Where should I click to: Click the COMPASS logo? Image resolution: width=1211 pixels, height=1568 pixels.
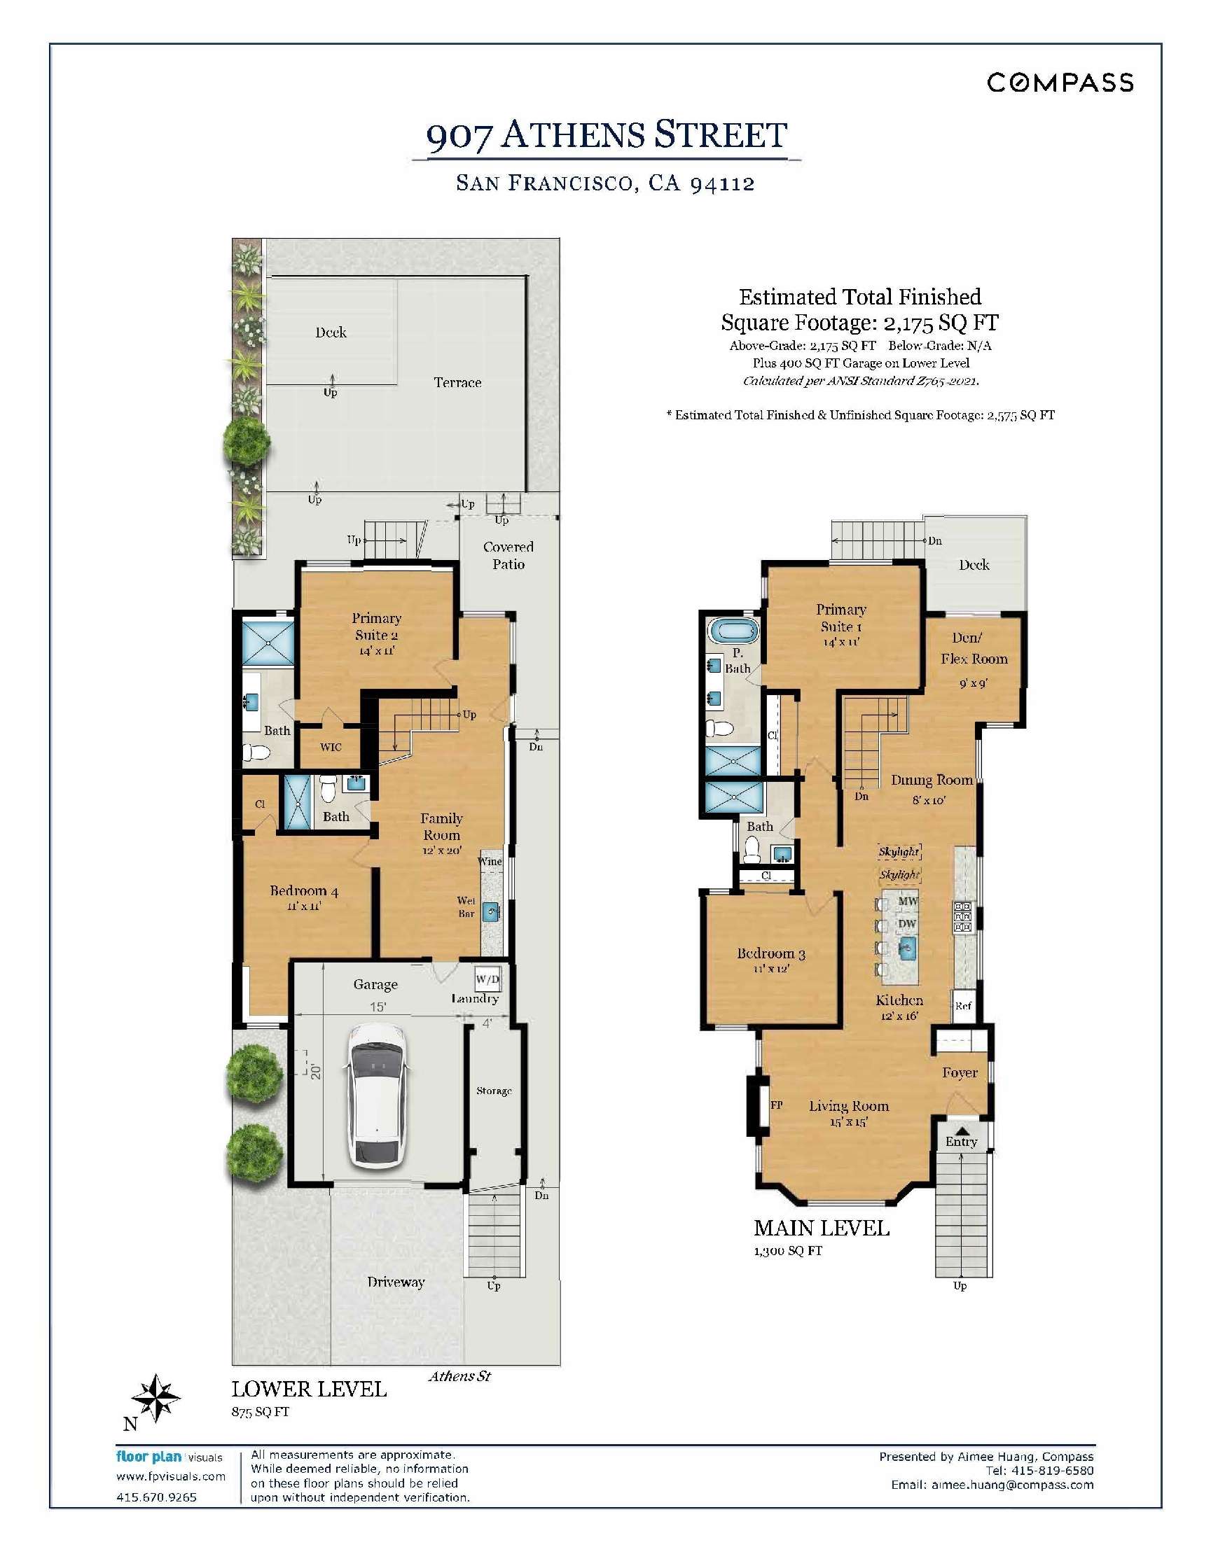[x=1060, y=83]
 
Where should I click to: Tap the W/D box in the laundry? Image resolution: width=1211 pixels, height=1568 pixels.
[x=487, y=979]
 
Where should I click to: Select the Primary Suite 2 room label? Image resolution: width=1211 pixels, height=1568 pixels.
[x=375, y=626]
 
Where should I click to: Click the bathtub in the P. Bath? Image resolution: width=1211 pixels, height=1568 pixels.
[x=733, y=633]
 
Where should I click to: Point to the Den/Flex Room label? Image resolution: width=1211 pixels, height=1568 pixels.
[x=974, y=648]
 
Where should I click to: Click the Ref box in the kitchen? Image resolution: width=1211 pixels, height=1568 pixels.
[x=963, y=1006]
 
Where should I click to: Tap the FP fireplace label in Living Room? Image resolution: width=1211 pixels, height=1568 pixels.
[x=777, y=1105]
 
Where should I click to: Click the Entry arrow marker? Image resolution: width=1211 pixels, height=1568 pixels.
[x=961, y=1130]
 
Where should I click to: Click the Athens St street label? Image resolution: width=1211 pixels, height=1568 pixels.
[x=459, y=1376]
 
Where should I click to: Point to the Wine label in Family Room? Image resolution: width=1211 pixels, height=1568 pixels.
[x=490, y=861]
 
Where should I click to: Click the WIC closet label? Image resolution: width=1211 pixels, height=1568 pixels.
[x=331, y=748]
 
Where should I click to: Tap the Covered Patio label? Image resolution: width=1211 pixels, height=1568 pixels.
[x=508, y=556]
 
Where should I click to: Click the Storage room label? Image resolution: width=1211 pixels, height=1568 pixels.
[x=494, y=1091]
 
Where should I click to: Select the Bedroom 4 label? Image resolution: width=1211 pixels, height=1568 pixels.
[x=304, y=891]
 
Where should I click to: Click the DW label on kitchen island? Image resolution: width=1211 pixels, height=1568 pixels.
[x=907, y=924]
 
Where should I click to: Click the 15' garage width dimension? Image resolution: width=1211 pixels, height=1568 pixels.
[x=378, y=1007]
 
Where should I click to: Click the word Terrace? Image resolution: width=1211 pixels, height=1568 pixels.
[x=457, y=383]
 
